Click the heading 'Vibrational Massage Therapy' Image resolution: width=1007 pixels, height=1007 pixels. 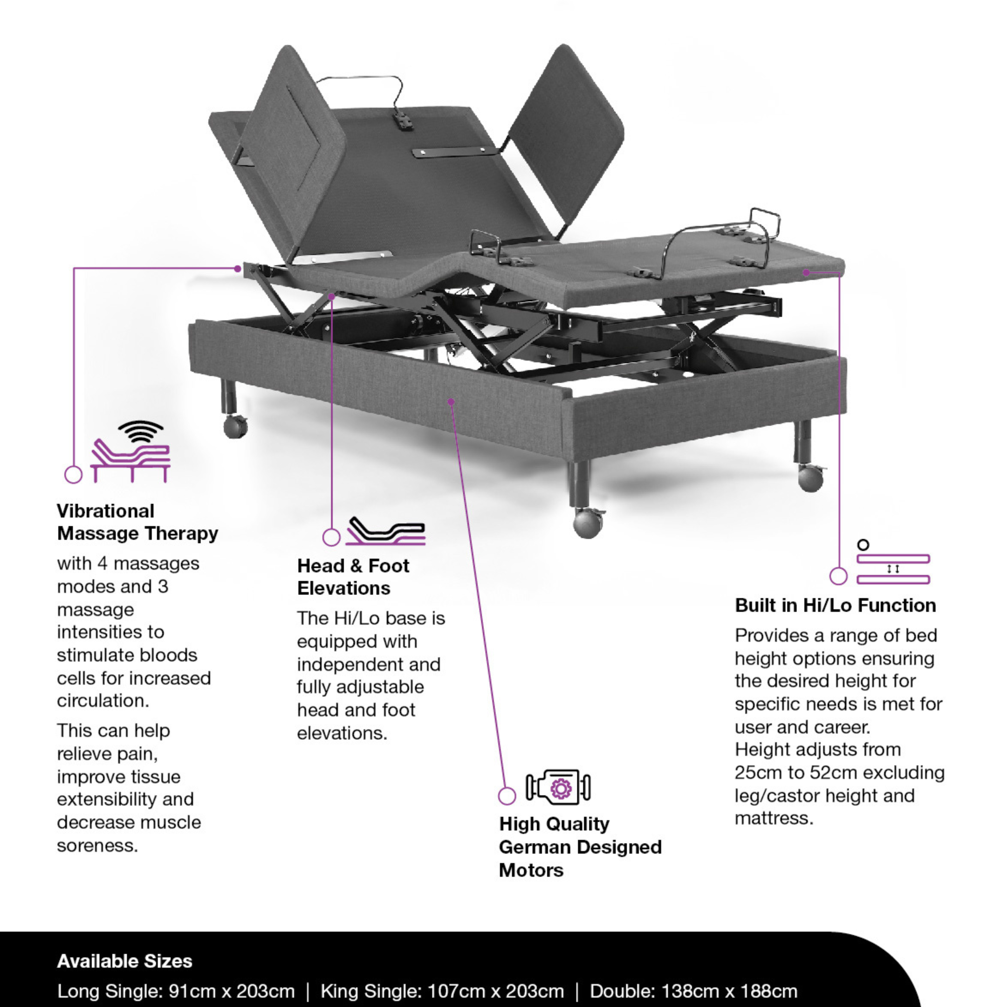click(137, 522)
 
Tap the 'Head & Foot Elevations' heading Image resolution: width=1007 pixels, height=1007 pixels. click(353, 577)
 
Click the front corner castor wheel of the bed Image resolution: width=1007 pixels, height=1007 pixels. click(588, 522)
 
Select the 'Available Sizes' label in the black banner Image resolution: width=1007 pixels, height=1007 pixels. click(124, 961)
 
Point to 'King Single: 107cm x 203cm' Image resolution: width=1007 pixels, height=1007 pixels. click(442, 991)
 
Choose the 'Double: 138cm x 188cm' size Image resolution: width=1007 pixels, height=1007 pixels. click(693, 991)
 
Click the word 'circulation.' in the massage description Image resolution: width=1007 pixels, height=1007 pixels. click(103, 700)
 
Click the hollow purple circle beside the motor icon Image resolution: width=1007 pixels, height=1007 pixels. click(507, 796)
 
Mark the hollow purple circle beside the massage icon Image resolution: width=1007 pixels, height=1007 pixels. click(74, 475)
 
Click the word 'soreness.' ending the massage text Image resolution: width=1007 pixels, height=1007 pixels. click(97, 845)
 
